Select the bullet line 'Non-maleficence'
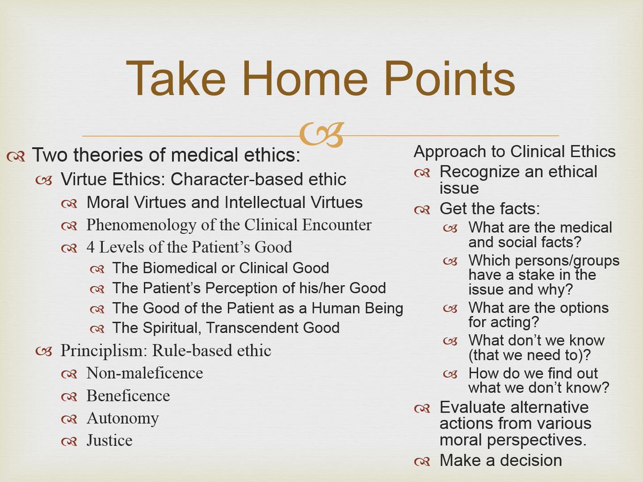coord(145,373)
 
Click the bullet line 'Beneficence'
coord(128,396)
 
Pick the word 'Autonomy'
coord(123,418)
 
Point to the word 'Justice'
coord(109,440)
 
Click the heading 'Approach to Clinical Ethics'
coord(514,152)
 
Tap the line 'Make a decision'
coord(500,460)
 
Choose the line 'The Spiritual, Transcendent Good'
coord(226,327)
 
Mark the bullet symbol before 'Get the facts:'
coord(422,209)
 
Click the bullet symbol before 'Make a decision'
coord(422,461)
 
